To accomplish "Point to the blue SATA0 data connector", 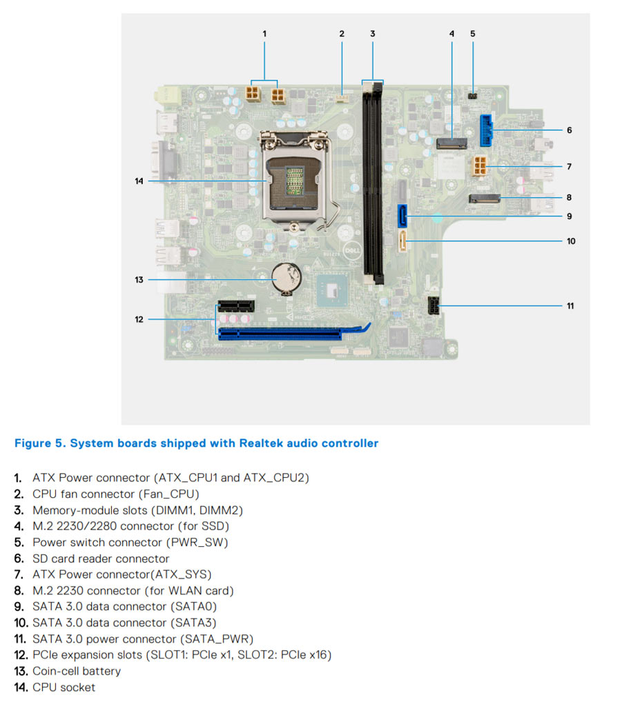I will (x=402, y=215).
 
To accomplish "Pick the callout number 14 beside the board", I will (x=139, y=181).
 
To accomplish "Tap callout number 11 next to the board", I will (x=570, y=305).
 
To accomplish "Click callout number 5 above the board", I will (x=473, y=33).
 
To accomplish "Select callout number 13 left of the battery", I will (x=139, y=279).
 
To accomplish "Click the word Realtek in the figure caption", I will (x=262, y=443).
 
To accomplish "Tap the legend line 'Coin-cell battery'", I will (x=77, y=671).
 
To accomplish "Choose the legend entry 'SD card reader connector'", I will (x=101, y=559).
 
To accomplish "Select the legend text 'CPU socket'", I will (x=64, y=687).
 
